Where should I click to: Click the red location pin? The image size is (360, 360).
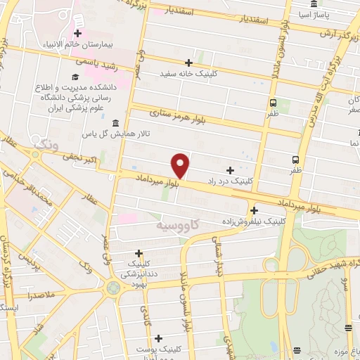coord(181,165)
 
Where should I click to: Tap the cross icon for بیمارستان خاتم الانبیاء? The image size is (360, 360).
coord(77,33)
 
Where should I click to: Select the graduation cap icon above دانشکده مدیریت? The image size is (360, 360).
coord(75,77)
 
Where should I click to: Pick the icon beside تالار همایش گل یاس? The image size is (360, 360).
coord(115,124)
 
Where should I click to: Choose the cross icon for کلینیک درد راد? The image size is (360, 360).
coord(230,170)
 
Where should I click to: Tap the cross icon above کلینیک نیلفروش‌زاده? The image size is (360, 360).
coord(254,210)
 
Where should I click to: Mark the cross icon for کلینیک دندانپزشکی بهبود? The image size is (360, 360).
coord(139,254)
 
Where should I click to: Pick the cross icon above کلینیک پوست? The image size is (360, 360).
coord(160,339)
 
